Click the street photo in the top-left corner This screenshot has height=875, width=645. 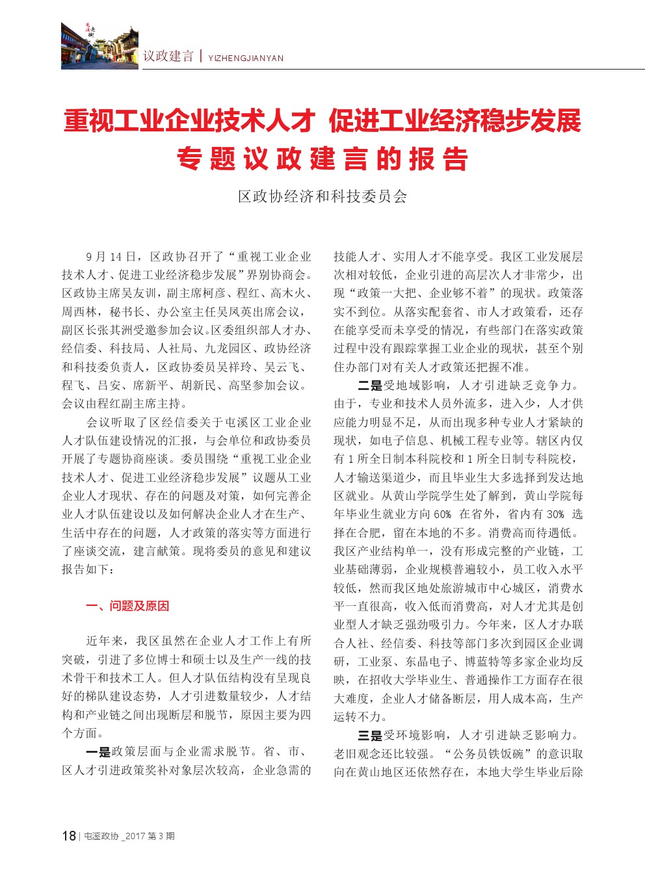coord(99,46)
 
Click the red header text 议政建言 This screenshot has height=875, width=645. coord(168,57)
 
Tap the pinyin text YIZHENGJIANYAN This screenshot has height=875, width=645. coord(246,59)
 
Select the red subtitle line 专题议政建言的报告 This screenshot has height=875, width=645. coord(322,159)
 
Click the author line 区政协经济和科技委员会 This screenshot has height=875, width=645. coord(322,196)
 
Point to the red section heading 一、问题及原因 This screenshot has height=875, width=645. coord(127,606)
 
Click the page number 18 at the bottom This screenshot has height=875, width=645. coord(69,836)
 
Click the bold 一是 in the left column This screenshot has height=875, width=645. coord(98,752)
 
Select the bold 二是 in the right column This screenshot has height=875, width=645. coord(370,385)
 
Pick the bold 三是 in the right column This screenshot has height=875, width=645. coord(370,735)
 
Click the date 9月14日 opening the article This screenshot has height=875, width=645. coord(111,257)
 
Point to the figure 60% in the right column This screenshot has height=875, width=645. coord(441,514)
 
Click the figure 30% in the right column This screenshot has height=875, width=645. coord(555,514)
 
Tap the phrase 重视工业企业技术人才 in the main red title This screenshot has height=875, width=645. coord(189,121)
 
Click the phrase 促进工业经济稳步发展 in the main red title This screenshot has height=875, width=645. coord(455,121)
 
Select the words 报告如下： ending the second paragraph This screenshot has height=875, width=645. coord(89,569)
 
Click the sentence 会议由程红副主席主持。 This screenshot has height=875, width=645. coord(121,404)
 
